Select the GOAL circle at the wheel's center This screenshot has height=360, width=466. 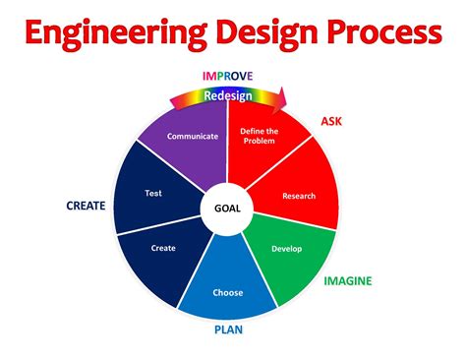[x=227, y=208]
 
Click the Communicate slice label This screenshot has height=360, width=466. [x=192, y=136]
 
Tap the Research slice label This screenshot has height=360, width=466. [x=299, y=196]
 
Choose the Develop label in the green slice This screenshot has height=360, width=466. [x=286, y=248]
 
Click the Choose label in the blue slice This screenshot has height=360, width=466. [x=227, y=292]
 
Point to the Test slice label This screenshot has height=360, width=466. [x=152, y=194]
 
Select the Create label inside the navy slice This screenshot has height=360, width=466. [x=163, y=248]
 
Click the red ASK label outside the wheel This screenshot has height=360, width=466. [x=332, y=122]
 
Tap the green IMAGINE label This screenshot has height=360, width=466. [x=348, y=281]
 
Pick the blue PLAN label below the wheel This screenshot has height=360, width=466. [x=228, y=330]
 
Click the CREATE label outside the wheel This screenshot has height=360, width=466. [x=87, y=206]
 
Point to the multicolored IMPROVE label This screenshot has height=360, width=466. [x=227, y=76]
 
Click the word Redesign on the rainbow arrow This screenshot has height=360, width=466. [x=227, y=95]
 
